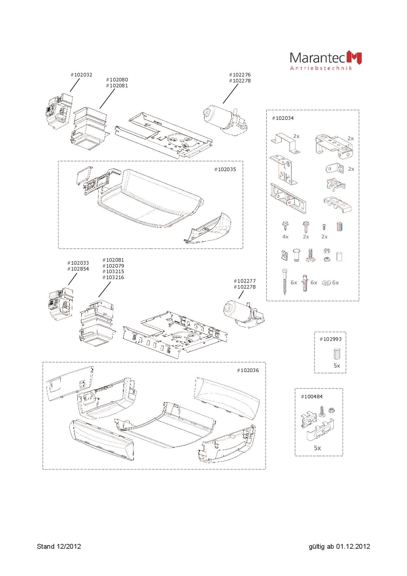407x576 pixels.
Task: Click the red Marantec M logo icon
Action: click(354, 57)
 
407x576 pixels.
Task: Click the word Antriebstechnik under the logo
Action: click(321, 68)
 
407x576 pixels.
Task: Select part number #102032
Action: click(81, 75)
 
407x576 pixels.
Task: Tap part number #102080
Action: click(117, 79)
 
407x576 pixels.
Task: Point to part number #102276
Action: click(240, 75)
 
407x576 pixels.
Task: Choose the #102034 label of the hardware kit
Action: click(283, 118)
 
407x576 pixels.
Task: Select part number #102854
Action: click(78, 269)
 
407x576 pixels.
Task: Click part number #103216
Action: click(113, 277)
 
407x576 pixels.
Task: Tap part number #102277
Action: click(245, 281)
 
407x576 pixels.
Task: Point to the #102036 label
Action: click(248, 370)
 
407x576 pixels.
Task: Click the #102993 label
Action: click(331, 339)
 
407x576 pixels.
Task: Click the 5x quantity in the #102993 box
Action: click(337, 366)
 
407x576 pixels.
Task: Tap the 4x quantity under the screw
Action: click(285, 236)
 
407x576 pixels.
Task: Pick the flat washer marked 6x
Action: click(327, 282)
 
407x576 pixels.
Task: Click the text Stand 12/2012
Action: click(59, 546)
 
